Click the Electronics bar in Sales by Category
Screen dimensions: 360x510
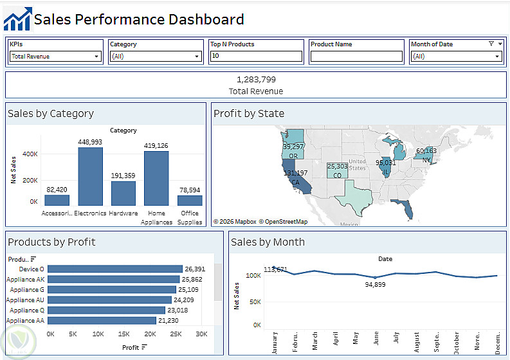tap(91, 177)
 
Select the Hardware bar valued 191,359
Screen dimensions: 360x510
tap(123, 194)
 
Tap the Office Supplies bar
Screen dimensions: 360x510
tap(190, 200)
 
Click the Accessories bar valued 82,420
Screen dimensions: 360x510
tap(57, 200)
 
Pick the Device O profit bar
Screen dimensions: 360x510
tap(115, 269)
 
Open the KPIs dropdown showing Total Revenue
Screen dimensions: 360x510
tap(55, 57)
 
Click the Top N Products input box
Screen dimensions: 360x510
tap(256, 57)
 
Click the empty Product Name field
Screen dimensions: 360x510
tap(356, 57)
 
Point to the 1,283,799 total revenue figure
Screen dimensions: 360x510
tap(256, 80)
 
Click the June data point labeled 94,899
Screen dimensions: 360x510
tap(375, 278)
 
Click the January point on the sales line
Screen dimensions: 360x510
tap(275, 267)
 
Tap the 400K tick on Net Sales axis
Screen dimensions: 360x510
tap(30, 154)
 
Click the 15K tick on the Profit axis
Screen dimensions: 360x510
tap(124, 334)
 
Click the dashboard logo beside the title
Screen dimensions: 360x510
tap(17, 19)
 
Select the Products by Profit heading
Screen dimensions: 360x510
tap(51, 242)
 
